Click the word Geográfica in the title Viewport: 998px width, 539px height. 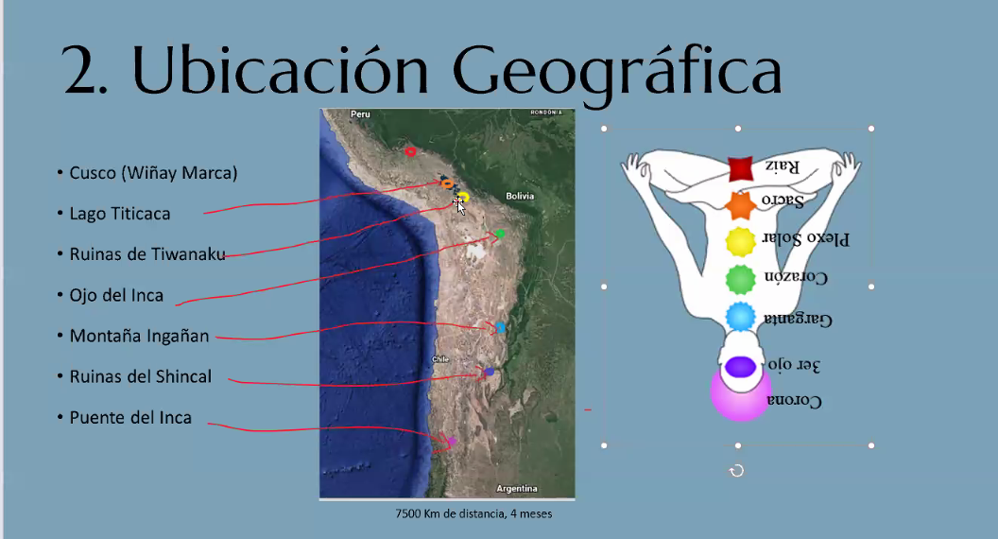(x=617, y=71)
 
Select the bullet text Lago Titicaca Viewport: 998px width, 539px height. (x=120, y=214)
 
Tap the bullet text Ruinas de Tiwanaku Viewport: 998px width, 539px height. (x=147, y=254)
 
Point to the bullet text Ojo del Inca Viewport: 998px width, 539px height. (x=116, y=295)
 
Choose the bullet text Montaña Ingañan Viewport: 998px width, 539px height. (x=139, y=336)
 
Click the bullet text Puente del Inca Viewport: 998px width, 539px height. (x=130, y=417)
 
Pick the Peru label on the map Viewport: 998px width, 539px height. (x=360, y=114)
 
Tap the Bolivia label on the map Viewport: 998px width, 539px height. (x=520, y=196)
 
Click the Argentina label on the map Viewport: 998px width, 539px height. (x=517, y=489)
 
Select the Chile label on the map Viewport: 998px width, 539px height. (x=440, y=359)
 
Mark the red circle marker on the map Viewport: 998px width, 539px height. (x=410, y=151)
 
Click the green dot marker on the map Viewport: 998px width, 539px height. (x=500, y=234)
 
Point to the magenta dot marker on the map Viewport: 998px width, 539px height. (x=452, y=441)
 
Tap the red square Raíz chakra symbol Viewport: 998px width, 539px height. (x=740, y=169)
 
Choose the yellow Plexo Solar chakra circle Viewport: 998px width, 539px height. (x=740, y=242)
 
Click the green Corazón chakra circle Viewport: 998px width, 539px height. (x=740, y=280)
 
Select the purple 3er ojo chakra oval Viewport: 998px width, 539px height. (x=740, y=367)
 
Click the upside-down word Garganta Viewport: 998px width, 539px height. (x=798, y=319)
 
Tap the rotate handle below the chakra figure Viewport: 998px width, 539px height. (x=737, y=471)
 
